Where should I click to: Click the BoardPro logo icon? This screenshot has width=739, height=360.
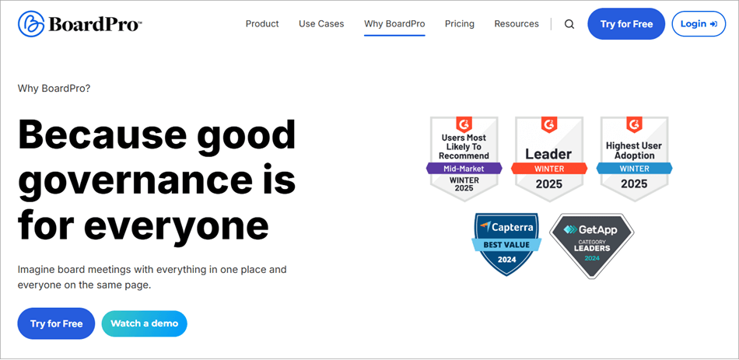tap(31, 24)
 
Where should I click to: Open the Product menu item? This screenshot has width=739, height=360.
tap(262, 24)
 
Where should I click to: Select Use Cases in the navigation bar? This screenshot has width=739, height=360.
tap(321, 24)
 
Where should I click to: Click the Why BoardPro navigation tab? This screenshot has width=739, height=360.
tap(394, 24)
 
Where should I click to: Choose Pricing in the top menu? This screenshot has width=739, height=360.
tap(460, 24)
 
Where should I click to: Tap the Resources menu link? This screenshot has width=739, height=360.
tap(517, 24)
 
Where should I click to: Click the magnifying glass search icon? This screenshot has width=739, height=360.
tap(569, 24)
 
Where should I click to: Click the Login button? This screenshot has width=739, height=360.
tap(699, 24)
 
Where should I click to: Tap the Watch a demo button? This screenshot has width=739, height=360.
tap(144, 323)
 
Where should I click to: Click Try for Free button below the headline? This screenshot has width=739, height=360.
tap(56, 323)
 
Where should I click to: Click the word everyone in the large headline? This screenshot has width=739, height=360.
tap(177, 225)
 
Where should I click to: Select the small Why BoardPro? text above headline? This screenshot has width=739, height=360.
tap(54, 89)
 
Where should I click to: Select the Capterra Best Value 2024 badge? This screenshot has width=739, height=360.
tap(506, 244)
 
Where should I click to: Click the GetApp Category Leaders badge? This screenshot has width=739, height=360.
tap(592, 244)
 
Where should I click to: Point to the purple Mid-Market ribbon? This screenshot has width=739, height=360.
tap(464, 168)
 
